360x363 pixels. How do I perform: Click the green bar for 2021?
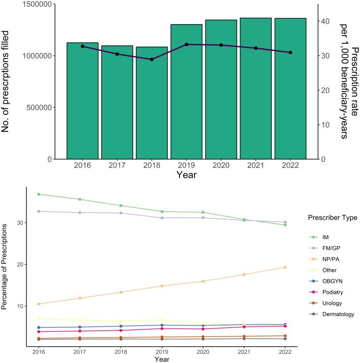256,88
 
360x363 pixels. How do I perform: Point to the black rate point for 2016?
82,46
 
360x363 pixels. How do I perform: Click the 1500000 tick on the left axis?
35,4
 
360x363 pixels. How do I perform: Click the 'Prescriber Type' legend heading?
331,218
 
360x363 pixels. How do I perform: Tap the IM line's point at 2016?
38,194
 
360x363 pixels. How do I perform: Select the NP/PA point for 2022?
285,267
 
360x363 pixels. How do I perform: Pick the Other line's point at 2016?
38,318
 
